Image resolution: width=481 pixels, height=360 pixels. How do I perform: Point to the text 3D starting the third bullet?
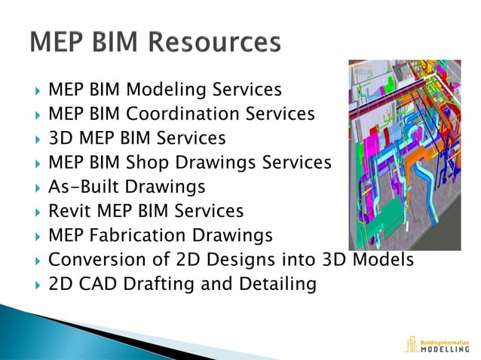tap(60, 139)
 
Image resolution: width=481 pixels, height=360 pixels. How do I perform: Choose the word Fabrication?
tap(135, 235)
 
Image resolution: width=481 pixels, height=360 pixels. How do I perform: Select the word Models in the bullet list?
tap(379, 259)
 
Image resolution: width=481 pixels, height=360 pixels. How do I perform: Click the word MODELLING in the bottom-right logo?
tap(443, 349)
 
